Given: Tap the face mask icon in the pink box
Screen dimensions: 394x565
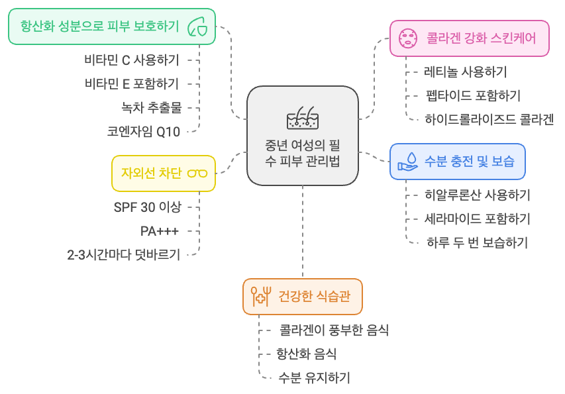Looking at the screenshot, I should pos(406,38).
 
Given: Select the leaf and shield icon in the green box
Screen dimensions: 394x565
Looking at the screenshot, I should pos(198,26).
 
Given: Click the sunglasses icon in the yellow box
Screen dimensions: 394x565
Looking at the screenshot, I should pos(197,173).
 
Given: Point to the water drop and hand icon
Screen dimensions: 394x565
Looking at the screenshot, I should pos(407,162).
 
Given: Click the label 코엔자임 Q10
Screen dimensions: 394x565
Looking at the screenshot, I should pos(143,131).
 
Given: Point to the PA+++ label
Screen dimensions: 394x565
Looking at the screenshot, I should pos(160,230).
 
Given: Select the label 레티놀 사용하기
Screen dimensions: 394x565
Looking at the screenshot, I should pos(465,72).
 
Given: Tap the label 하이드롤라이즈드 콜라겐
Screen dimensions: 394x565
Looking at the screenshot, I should pos(489,119).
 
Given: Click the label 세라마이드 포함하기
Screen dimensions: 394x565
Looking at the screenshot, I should pos(477,219).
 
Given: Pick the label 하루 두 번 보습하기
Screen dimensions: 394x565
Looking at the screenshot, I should pos(477,242).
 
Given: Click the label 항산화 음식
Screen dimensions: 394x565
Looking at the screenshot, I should pos(306,354).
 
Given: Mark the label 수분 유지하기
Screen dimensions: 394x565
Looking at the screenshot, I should pos(314,377).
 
